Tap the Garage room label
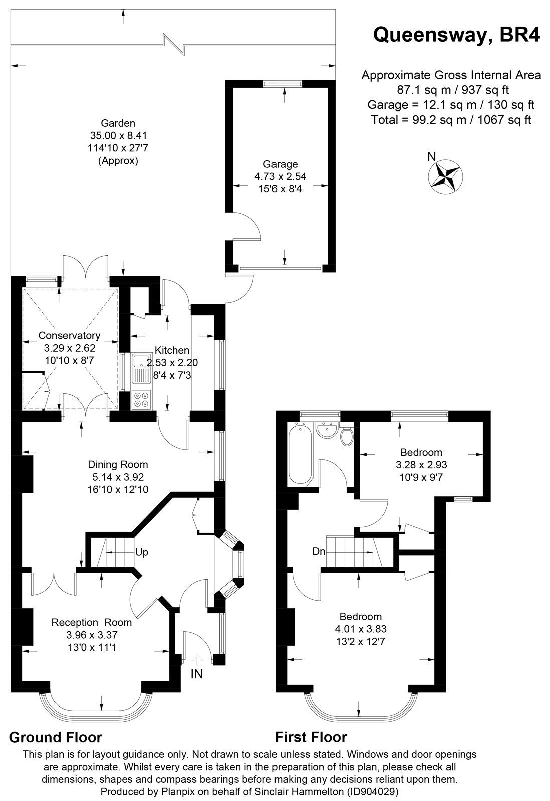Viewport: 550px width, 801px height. (281, 164)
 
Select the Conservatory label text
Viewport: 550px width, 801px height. (70, 335)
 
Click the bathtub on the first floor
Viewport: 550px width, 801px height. (300, 453)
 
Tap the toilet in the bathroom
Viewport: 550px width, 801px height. (346, 437)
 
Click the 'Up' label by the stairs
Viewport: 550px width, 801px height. (142, 553)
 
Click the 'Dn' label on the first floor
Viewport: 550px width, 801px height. (319, 552)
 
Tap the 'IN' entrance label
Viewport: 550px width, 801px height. (196, 674)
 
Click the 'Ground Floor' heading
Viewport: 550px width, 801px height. (56, 737)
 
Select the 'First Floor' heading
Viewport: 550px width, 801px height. (311, 737)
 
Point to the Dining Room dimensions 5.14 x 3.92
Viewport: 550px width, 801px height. (118, 477)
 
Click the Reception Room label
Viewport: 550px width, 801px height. (92, 622)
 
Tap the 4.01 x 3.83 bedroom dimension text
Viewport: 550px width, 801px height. (361, 629)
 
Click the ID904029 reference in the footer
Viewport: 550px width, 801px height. (372, 792)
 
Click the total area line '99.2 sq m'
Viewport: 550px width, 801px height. (451, 120)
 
